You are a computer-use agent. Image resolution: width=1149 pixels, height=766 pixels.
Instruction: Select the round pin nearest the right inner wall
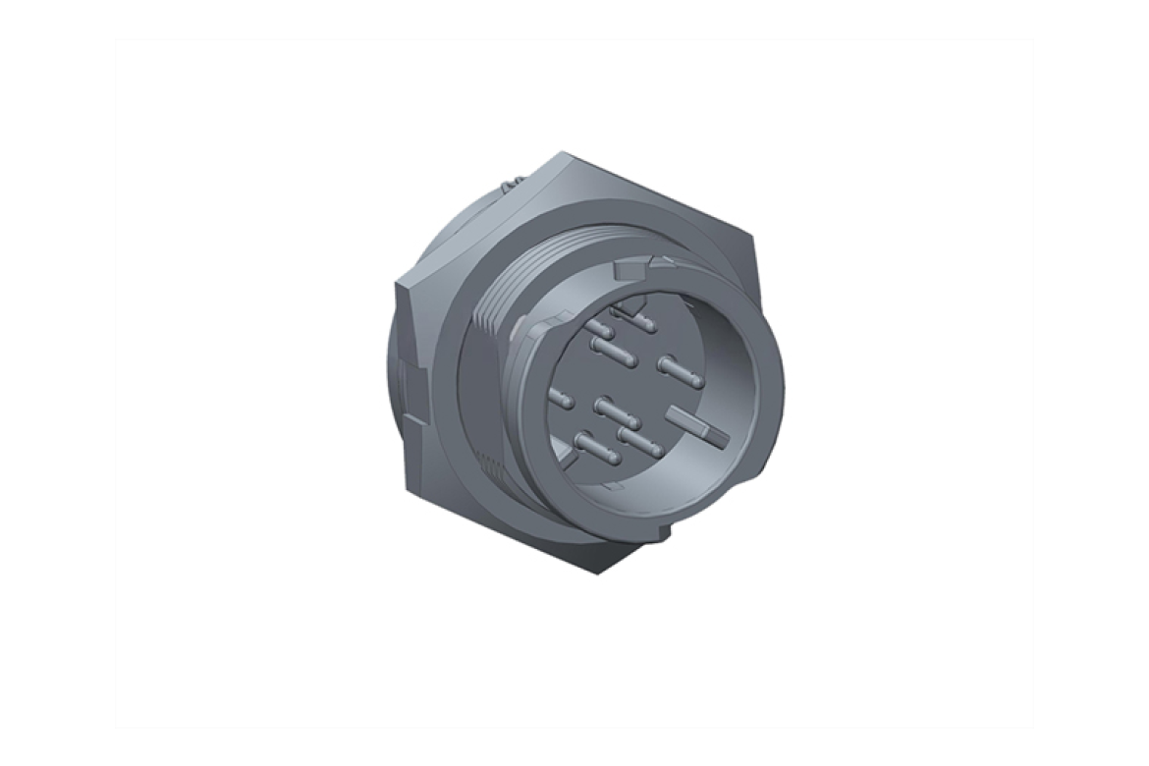coord(679,369)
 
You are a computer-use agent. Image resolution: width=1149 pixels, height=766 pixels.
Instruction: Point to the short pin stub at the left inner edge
coord(562,399)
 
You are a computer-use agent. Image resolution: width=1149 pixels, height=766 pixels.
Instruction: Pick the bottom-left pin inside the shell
coord(595,449)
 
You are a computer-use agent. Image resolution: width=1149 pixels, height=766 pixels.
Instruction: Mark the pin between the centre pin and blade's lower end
coord(639,438)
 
